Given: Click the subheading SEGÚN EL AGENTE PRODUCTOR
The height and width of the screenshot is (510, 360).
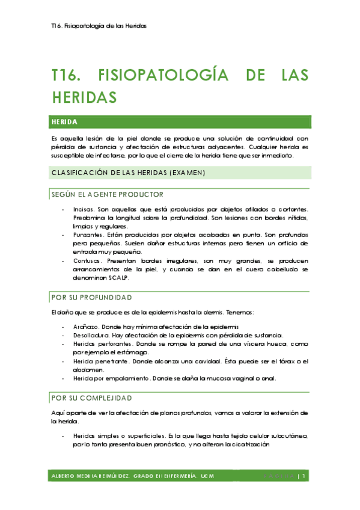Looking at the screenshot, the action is tap(108, 194).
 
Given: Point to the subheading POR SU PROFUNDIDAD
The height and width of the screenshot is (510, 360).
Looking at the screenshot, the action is tap(92, 297).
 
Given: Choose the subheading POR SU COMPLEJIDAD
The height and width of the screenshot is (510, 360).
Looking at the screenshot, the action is tap(91, 398).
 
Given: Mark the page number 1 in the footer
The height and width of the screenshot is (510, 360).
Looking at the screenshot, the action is tap(305, 476).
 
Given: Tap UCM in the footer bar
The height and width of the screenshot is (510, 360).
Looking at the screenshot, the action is tap(207, 476).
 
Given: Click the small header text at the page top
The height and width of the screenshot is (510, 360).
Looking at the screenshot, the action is tap(99, 26).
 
